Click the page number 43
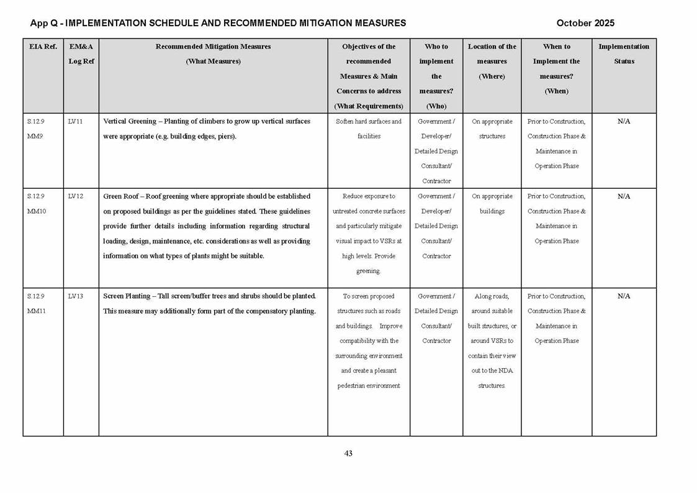pos(348,453)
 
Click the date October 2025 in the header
pos(585,23)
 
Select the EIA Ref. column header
pos(43,47)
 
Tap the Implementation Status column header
pos(624,54)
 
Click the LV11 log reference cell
pos(76,122)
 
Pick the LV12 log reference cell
pos(76,196)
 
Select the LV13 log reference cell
pos(76,296)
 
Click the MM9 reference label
pos(35,137)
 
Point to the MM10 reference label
pos(36,211)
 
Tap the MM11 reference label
pos(36,311)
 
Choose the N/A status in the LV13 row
pos(624,296)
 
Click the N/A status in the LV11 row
pos(624,122)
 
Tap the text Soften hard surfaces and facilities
pos(369,129)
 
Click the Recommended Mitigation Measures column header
pos(213,54)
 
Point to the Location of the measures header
pos(492,61)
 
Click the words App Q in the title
pos(43,23)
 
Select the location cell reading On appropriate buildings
pos(492,204)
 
